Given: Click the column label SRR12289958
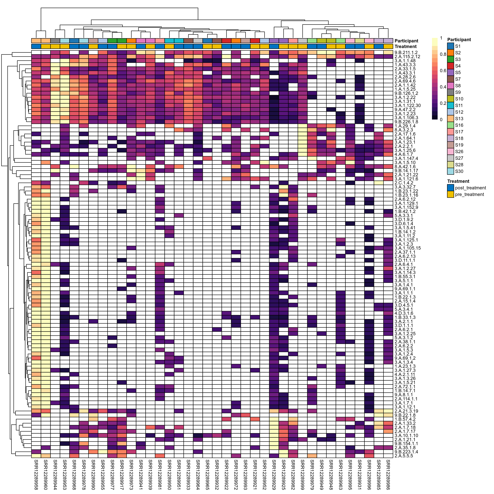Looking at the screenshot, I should [36, 474].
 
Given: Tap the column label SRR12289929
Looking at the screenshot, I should [274, 474].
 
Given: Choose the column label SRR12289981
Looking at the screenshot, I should [160, 474].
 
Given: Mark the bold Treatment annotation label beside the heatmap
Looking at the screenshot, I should [405, 47].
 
